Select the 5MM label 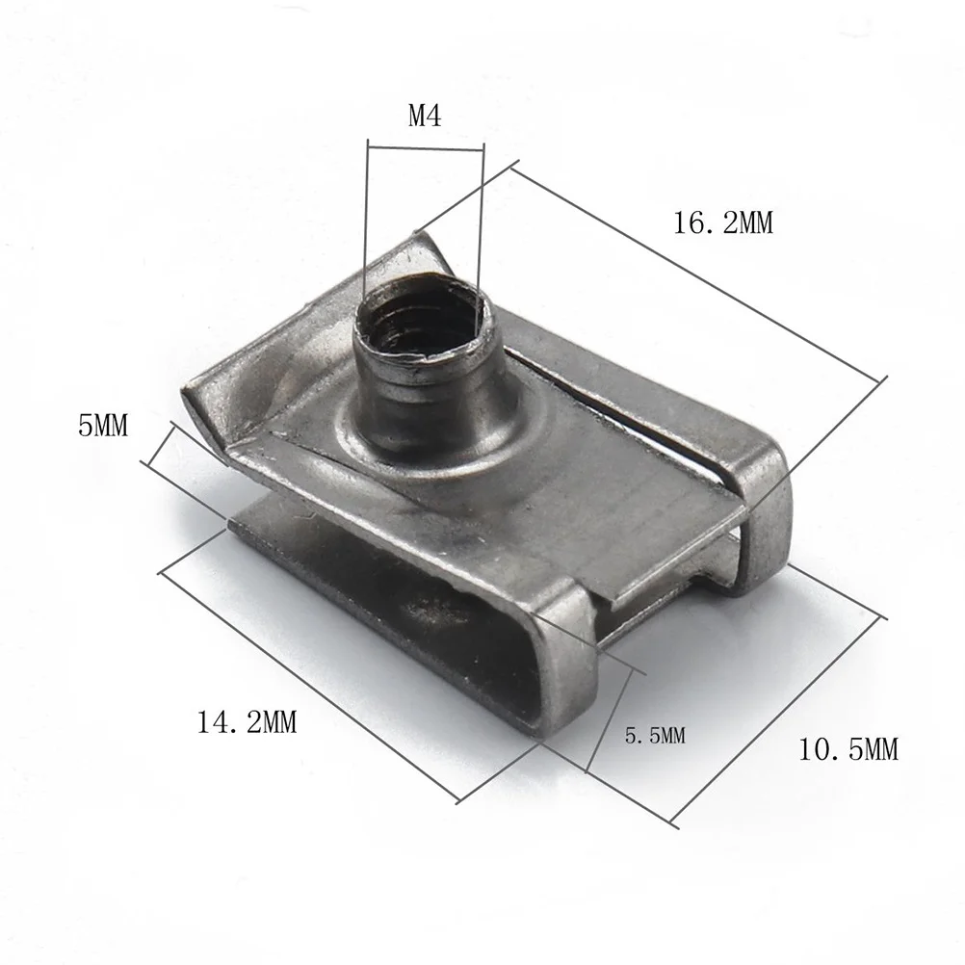coord(102,425)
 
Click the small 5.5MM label coord(654,736)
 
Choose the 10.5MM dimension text coord(848,748)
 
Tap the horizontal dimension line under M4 coord(423,147)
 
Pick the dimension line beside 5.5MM coord(610,719)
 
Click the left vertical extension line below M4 coord(366,222)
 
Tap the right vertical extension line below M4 coord(480,212)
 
